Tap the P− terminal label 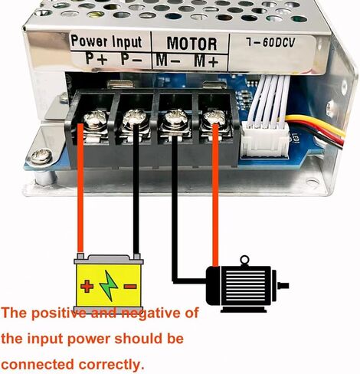pos(132,59)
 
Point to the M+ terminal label pos(206,61)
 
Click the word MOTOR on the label pos(191,43)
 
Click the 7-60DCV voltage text pos(270,42)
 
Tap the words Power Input pos(106,41)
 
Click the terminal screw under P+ pos(94,120)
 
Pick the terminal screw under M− pos(176,118)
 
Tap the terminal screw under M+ pos(214,119)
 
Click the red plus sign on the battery pos(87,286)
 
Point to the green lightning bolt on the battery pos(109,286)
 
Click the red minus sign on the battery pos(130,287)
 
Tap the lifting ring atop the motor pos(244,260)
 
